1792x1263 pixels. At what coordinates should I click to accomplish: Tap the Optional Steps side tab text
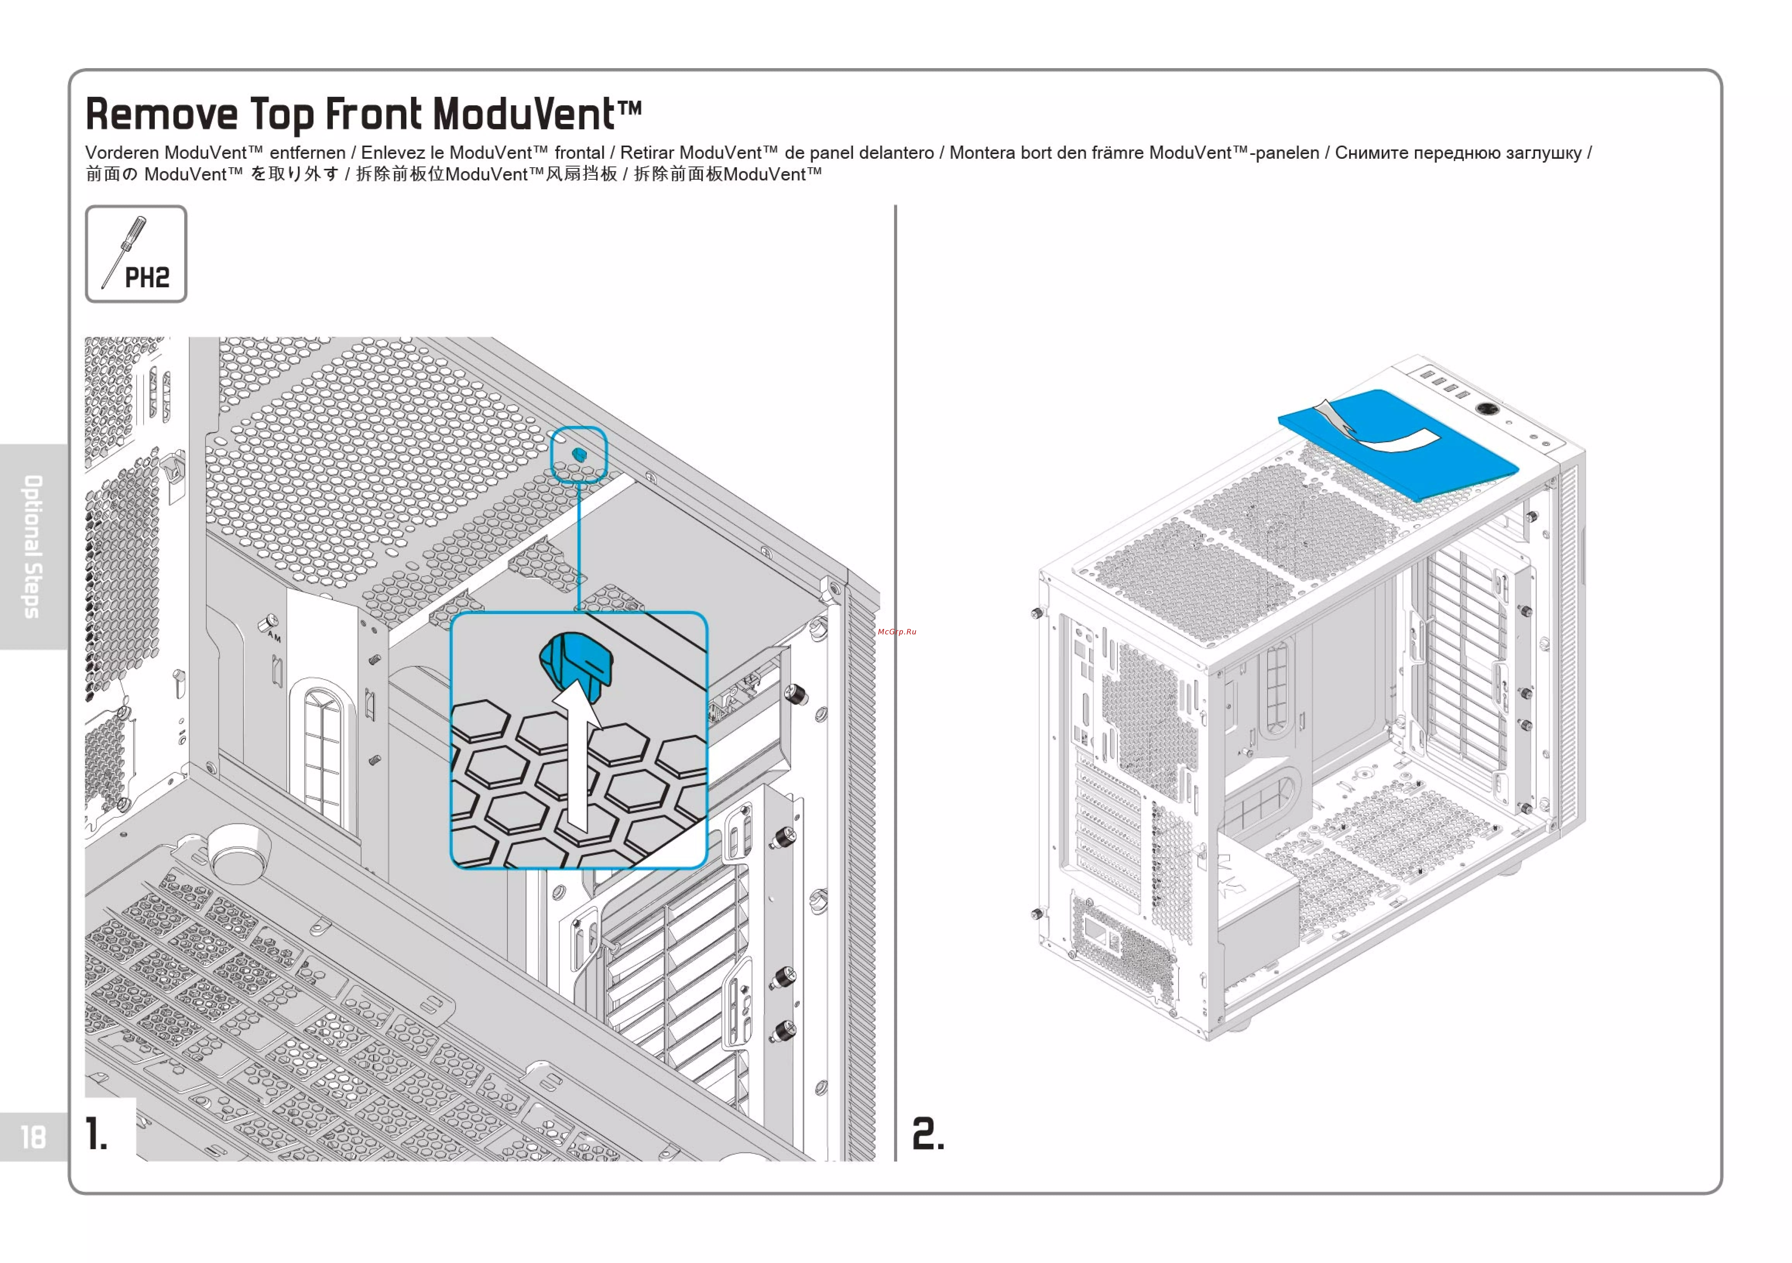(33, 546)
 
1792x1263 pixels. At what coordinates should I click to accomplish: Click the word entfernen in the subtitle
(308, 153)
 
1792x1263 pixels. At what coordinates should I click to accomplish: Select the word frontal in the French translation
(579, 153)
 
